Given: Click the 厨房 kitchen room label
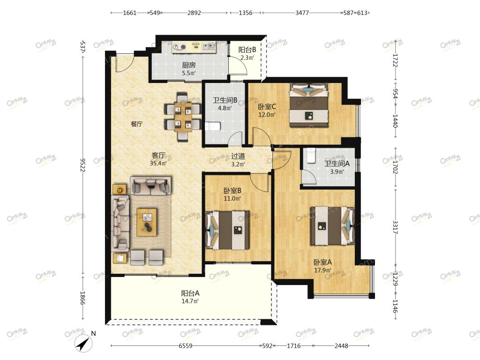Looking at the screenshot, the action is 188,65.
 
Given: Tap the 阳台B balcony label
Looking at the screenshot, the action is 247,49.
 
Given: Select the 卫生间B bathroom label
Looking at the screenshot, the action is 225,100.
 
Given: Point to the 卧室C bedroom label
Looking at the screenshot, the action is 267,106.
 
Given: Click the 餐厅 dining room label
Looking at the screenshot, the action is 136,124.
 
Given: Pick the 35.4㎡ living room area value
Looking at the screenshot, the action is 158,163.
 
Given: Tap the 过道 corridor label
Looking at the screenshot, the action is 238,156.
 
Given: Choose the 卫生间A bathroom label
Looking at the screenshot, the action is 337,164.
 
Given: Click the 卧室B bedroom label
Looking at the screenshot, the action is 232,191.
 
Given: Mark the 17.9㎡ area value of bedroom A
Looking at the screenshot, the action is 322,270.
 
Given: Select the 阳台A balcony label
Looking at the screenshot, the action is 190,293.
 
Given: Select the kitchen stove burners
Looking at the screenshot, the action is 180,47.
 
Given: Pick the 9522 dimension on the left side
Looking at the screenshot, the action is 82,165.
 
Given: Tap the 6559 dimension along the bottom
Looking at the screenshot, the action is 186,346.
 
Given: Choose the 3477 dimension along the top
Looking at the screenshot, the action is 302,13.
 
